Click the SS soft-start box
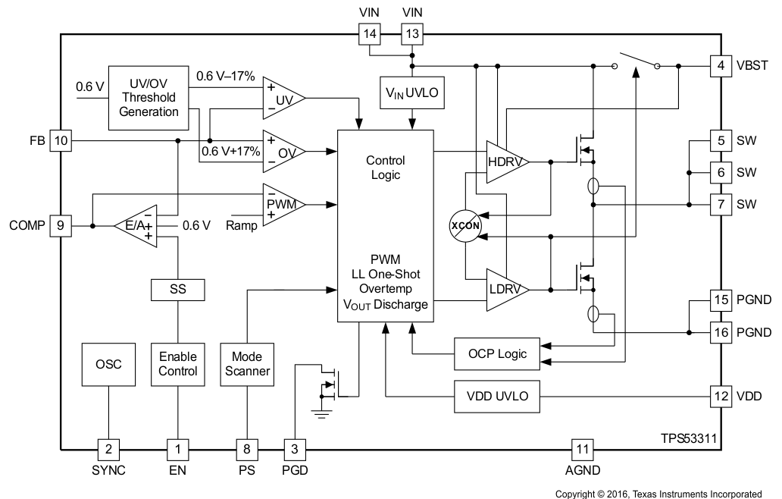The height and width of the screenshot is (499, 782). coord(177,290)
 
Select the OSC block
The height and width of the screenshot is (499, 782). coord(108,365)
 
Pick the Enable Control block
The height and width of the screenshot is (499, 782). coord(177,365)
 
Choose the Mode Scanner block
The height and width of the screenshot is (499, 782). coord(246,365)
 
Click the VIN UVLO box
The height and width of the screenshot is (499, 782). coord(411,94)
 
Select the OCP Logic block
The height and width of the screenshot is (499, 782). coord(496,353)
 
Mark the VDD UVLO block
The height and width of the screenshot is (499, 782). coord(496,397)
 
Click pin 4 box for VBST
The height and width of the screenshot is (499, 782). coord(721,65)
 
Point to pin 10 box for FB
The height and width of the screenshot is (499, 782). coord(60,140)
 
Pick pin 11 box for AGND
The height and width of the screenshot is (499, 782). coord(582,449)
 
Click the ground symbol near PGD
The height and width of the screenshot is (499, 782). coord(324,413)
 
